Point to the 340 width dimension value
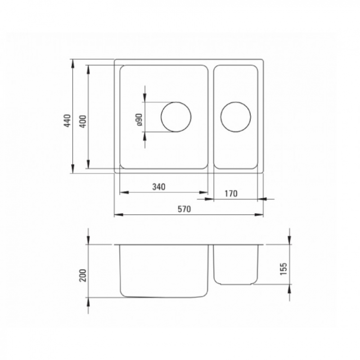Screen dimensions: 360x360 pyautogui.click(x=160, y=186)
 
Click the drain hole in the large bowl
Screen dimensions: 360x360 pyautogui.click(x=176, y=117)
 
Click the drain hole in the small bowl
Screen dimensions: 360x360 pyautogui.click(x=235, y=117)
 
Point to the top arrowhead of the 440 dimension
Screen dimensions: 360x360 pyautogui.click(x=73, y=63)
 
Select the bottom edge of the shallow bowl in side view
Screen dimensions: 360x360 pyautogui.click(x=234, y=284)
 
